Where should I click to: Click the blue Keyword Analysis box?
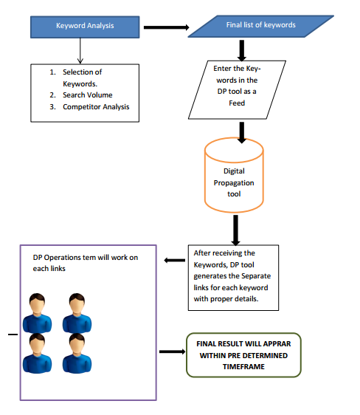[x=85, y=27]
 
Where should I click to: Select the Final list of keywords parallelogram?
[x=261, y=26]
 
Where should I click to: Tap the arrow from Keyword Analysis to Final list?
[x=167, y=27]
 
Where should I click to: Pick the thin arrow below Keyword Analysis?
[x=80, y=51]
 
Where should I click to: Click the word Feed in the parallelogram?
[x=237, y=103]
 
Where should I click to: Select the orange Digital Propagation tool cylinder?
[x=234, y=175]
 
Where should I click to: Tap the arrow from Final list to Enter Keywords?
[x=241, y=50]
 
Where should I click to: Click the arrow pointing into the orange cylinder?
[x=241, y=133]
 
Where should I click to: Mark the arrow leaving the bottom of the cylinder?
[x=235, y=230]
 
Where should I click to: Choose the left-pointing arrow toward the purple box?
[x=174, y=261]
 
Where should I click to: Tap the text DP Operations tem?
[x=63, y=258]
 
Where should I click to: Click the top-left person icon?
[x=37, y=313]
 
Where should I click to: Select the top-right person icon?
[x=77, y=313]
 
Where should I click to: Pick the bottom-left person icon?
[x=37, y=353]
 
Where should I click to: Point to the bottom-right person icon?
[x=77, y=353]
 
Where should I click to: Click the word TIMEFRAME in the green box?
[x=243, y=367]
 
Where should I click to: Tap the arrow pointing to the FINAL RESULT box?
[x=173, y=351]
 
